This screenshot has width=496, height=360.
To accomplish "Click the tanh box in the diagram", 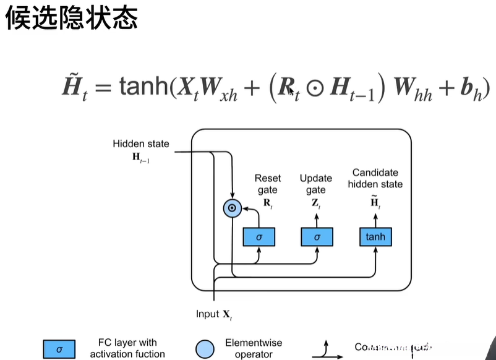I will [375, 237].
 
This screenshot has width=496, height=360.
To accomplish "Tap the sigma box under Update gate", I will [317, 237].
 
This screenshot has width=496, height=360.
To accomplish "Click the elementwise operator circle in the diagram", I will [232, 209].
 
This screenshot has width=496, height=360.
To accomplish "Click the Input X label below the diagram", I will [214, 314].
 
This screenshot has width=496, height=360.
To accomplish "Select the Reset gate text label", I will [267, 184].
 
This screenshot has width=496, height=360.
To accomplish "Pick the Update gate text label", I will [316, 184].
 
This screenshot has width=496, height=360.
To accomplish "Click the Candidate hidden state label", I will [375, 178].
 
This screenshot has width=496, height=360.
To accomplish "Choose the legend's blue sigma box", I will [59, 349].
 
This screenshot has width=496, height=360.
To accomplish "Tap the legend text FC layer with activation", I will [127, 348].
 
